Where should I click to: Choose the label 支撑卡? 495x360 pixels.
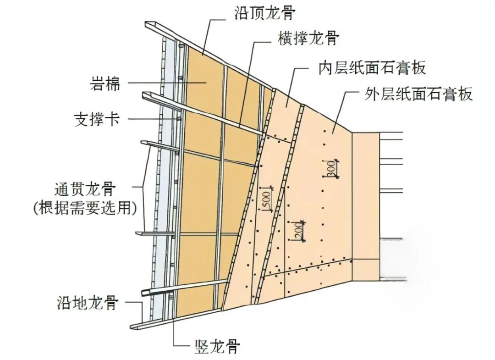(x=97, y=120)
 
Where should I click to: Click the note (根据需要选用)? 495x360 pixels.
(x=86, y=208)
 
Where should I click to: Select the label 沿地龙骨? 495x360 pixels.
(x=88, y=303)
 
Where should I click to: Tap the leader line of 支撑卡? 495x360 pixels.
(x=151, y=119)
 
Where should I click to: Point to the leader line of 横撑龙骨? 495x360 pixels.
(x=247, y=78)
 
